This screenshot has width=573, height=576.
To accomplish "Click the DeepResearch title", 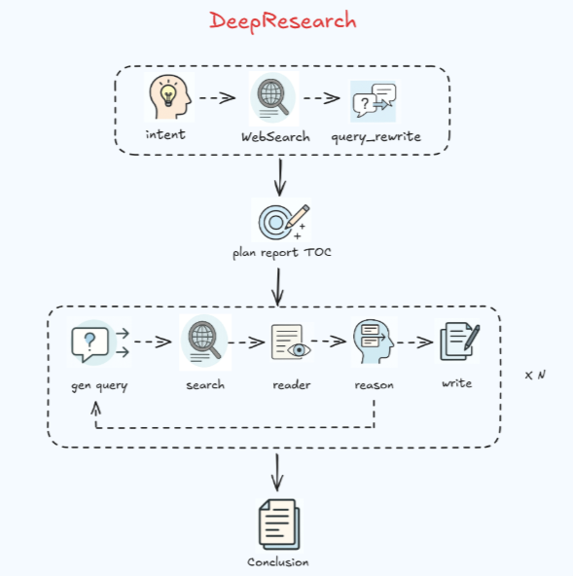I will point(283,20).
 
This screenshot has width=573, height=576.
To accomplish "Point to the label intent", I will point(165,134).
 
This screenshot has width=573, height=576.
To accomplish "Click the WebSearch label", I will point(275,137).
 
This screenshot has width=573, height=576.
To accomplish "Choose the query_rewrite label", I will point(376,137).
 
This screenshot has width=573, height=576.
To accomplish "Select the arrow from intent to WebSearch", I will point(217,98).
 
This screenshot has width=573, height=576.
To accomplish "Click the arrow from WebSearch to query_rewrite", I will point(322,98).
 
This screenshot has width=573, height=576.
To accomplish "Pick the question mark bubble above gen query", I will point(90,342).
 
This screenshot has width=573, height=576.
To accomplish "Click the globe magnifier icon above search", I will point(203,342).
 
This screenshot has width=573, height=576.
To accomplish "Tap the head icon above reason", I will point(374,342).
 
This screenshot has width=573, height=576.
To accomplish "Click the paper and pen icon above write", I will point(458,342).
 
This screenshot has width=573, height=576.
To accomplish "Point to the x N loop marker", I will point(534,375).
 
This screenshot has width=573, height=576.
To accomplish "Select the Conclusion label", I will point(277,562).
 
